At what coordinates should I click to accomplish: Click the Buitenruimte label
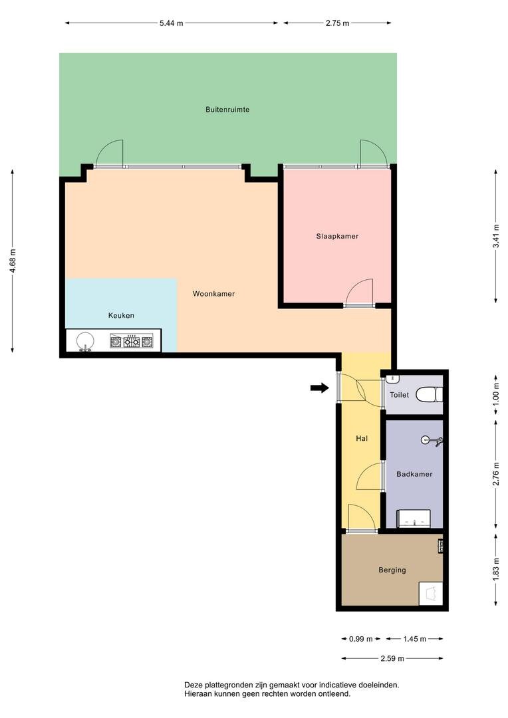(227, 110)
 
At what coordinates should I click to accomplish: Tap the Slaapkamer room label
(337, 236)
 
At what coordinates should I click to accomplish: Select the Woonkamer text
(213, 294)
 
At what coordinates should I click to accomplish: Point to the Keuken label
(121, 316)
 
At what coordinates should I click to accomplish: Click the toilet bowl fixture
(430, 394)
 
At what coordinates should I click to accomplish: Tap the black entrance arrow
(320, 388)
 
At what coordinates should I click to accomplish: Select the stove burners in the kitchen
(132, 341)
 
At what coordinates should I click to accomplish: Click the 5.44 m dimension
(172, 23)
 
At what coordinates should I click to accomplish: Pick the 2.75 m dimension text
(338, 23)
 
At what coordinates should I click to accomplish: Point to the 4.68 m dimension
(13, 261)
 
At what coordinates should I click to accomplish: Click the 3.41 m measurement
(495, 236)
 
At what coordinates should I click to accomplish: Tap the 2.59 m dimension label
(392, 658)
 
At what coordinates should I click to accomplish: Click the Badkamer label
(414, 475)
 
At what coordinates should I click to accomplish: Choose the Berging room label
(392, 570)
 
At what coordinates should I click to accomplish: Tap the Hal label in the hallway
(362, 439)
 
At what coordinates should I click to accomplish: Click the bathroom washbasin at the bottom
(414, 519)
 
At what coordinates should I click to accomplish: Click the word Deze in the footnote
(192, 685)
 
